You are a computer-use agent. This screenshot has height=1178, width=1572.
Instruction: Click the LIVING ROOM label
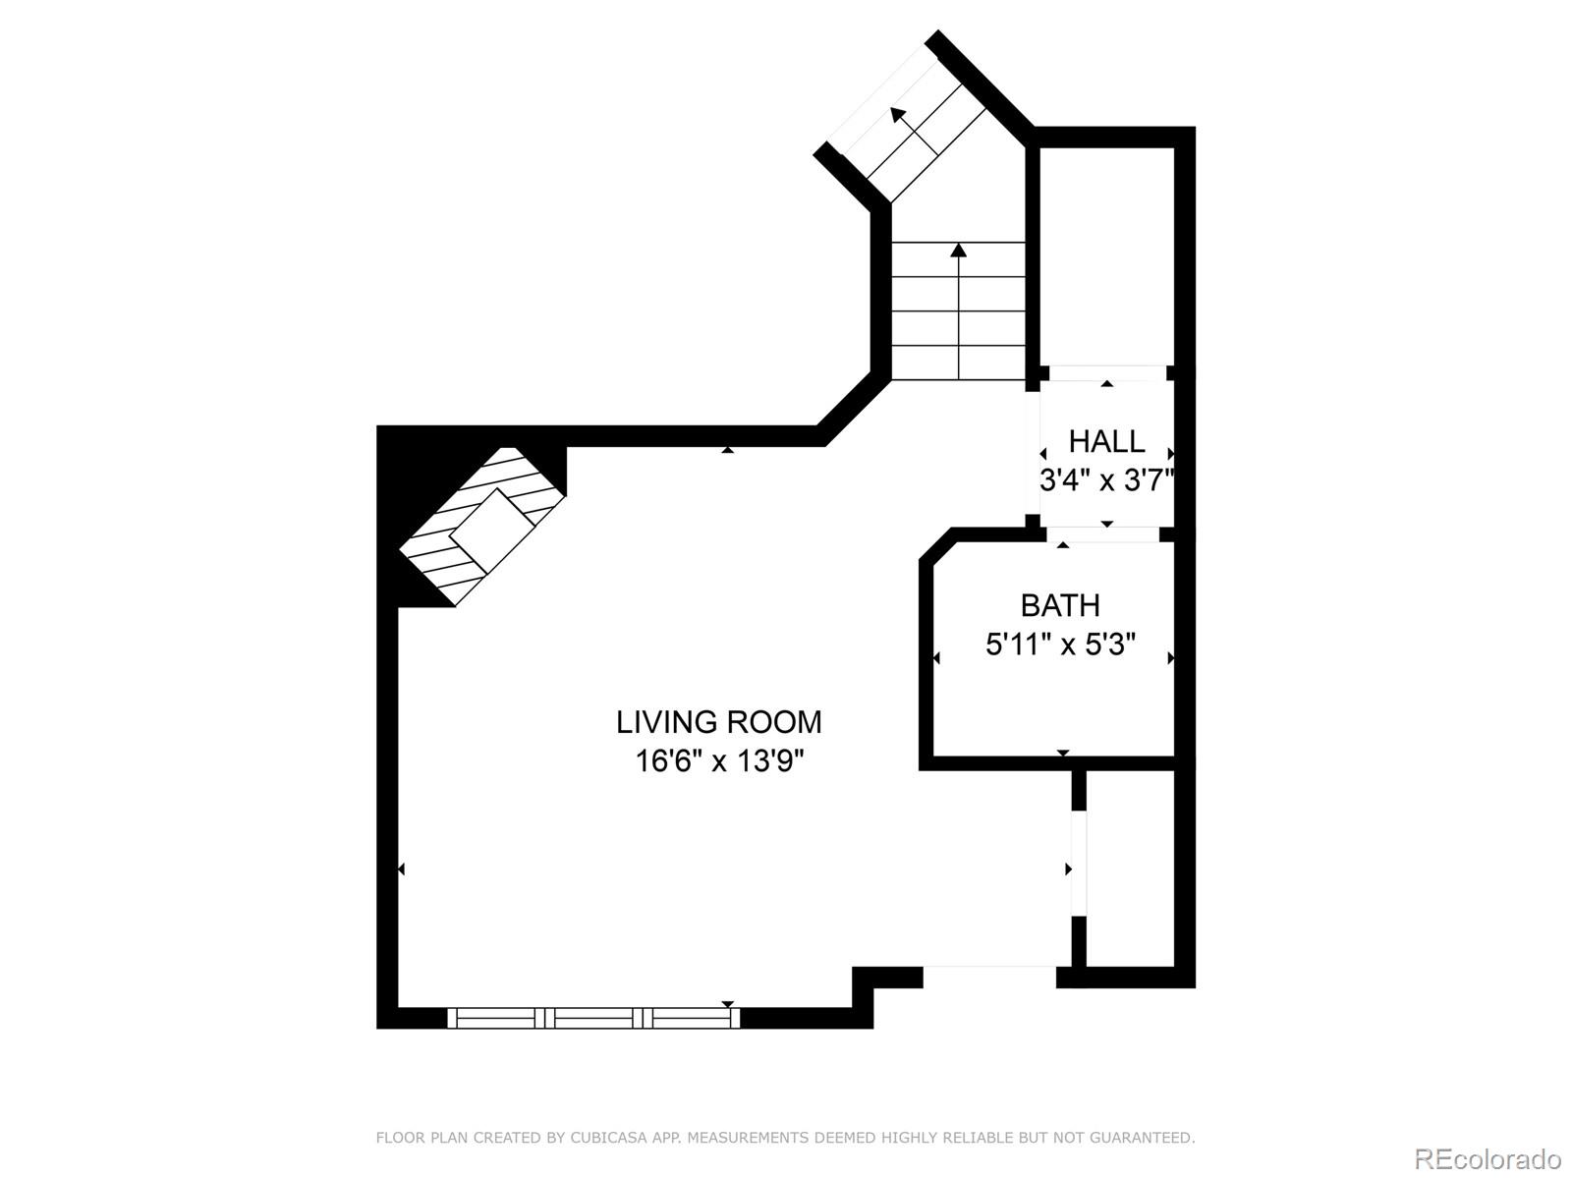click(x=718, y=722)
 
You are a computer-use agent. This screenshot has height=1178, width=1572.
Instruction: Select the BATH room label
click(x=1060, y=606)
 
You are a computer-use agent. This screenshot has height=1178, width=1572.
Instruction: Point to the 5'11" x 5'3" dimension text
click(x=1061, y=645)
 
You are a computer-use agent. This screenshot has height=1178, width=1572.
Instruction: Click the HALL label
click(x=1106, y=441)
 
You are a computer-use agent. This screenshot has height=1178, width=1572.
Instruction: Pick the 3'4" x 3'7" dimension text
click(x=1107, y=479)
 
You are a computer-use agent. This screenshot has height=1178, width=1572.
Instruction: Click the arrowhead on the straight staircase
click(x=958, y=250)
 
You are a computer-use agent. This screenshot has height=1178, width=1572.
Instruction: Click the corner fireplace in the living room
click(x=482, y=527)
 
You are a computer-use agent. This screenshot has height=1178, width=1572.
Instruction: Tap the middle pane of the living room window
click(x=594, y=1018)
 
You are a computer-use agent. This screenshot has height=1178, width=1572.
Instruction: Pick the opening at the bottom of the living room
click(x=989, y=977)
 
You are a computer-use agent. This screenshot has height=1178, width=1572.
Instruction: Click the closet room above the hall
click(x=1106, y=256)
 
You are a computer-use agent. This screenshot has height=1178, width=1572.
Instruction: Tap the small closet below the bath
click(x=1130, y=869)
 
